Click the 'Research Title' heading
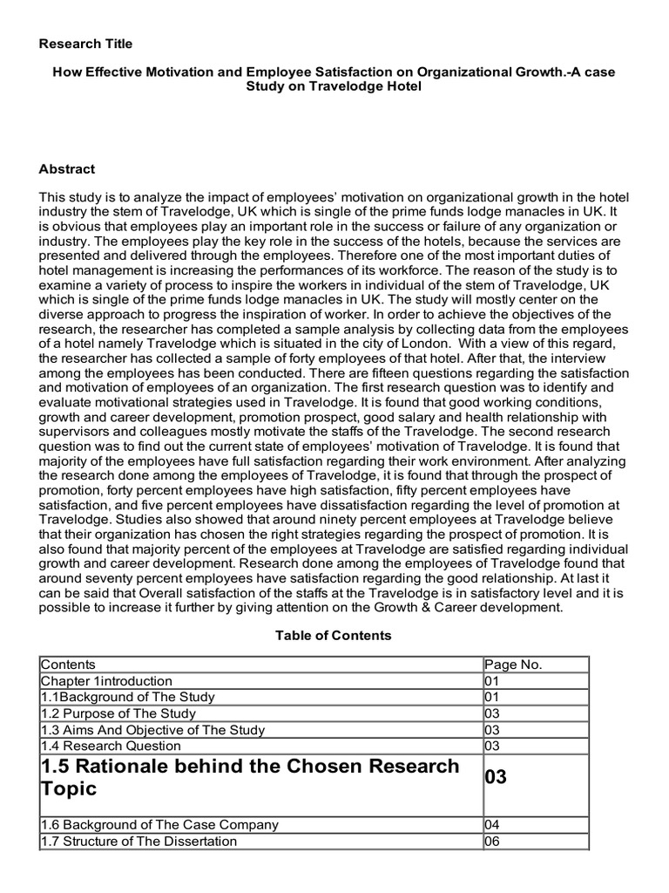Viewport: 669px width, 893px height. [x=86, y=44]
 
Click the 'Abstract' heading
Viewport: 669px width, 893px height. [x=67, y=169]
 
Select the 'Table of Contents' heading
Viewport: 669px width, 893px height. [x=334, y=636]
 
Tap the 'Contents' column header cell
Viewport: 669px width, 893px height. [x=69, y=665]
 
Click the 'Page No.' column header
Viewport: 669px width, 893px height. [x=513, y=665]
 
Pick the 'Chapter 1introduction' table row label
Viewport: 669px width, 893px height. [x=107, y=681]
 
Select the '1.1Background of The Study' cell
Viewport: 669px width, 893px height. [x=127, y=697]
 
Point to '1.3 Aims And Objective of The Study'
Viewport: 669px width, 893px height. [x=152, y=730]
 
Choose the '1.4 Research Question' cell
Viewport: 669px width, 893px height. [x=111, y=746]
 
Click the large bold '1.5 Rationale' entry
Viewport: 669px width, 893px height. [x=249, y=777]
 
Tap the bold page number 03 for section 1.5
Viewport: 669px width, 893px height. [x=496, y=777]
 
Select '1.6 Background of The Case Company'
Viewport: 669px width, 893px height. [x=159, y=824]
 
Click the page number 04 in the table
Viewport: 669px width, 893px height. [x=492, y=824]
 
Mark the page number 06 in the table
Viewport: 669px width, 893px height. [x=492, y=841]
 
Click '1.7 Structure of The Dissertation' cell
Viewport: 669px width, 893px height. [x=139, y=841]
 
